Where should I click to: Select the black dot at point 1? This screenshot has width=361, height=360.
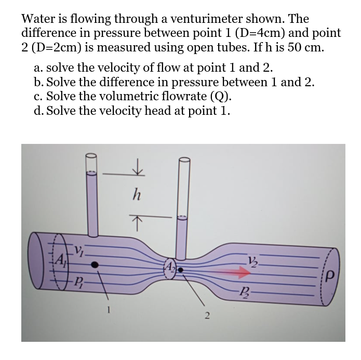[x=94, y=264]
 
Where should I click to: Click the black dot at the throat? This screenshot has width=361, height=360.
[x=180, y=269]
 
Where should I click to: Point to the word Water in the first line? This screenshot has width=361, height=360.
[x=38, y=19]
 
